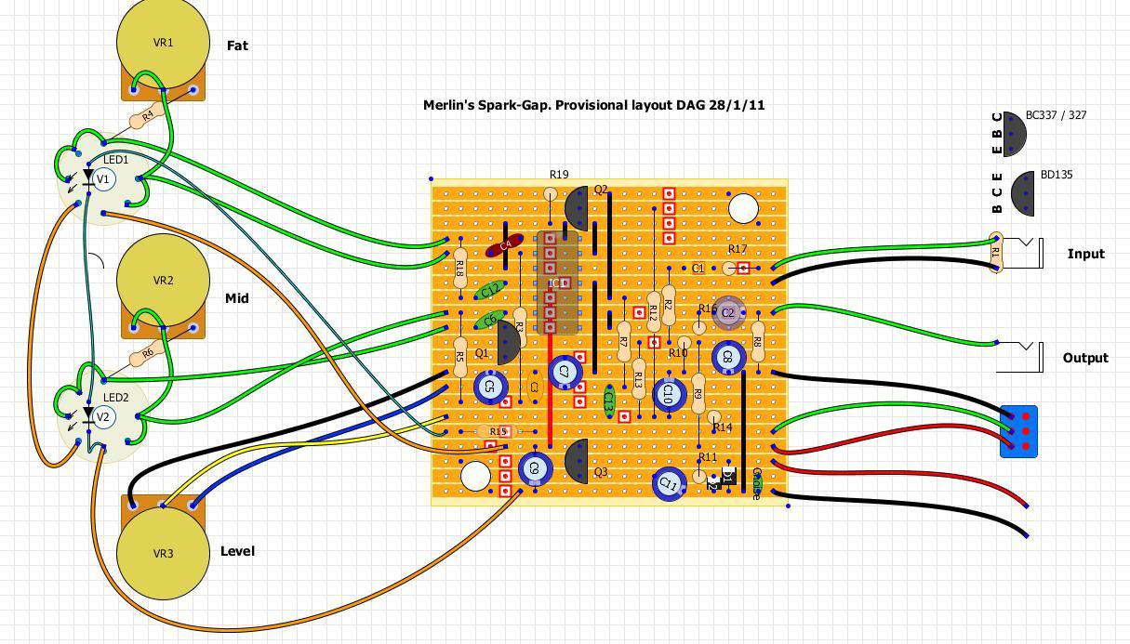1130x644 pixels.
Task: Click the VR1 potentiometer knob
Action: coord(163,43)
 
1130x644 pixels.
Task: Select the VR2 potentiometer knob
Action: coord(163,281)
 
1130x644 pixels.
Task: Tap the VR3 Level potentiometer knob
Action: coord(163,553)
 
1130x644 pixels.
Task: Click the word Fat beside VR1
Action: coord(237,46)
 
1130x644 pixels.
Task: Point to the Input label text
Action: coord(1085,254)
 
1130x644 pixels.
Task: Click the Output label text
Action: coord(1085,358)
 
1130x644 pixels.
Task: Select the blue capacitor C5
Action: coord(490,387)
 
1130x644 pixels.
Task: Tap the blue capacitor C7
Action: coord(564,372)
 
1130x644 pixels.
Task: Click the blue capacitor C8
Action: coord(728,357)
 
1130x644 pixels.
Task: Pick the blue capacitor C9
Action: coord(534,469)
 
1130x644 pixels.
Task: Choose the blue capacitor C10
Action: coord(667,394)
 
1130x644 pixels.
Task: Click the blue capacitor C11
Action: coord(669,483)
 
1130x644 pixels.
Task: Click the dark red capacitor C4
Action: coord(505,245)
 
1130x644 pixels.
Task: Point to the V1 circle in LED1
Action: coord(103,179)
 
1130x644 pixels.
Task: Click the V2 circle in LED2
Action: coord(103,417)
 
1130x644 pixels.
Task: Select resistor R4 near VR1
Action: coord(145,118)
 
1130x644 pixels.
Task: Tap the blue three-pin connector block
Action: coord(1018,431)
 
